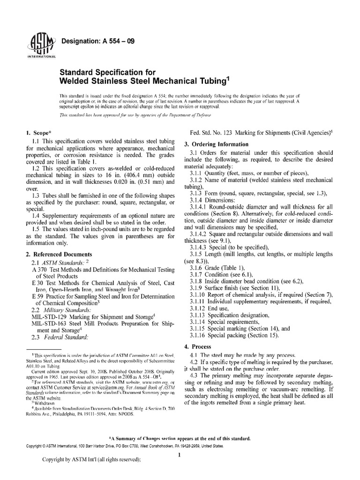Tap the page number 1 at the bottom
pyautogui.click(x=180, y=454)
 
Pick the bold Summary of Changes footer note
pyautogui.click(x=180, y=438)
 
